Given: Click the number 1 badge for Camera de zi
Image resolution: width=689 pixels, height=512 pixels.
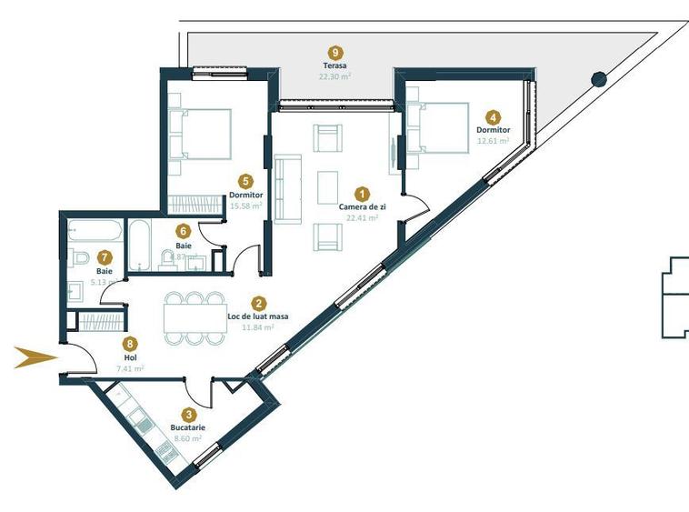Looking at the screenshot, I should (x=362, y=194).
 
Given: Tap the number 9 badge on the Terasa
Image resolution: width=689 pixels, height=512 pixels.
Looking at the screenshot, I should (x=336, y=53).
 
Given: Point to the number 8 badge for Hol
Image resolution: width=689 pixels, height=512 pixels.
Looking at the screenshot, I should (x=131, y=344).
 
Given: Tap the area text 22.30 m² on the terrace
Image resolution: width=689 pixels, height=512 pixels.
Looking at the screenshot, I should (x=335, y=77).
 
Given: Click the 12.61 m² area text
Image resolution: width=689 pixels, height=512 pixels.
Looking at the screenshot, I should (x=493, y=141).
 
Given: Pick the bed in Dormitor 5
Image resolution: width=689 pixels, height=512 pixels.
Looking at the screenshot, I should (x=203, y=134).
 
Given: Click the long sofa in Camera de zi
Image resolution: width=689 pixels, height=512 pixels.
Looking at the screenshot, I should (x=288, y=188).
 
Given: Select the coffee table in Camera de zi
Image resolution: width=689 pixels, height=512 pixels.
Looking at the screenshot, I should (x=327, y=187).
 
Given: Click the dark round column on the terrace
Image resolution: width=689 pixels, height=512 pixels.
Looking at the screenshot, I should (x=598, y=78).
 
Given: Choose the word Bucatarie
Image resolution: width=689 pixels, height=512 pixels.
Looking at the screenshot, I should (x=188, y=427).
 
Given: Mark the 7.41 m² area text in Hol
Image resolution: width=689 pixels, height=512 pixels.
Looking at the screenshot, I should (x=131, y=368).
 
